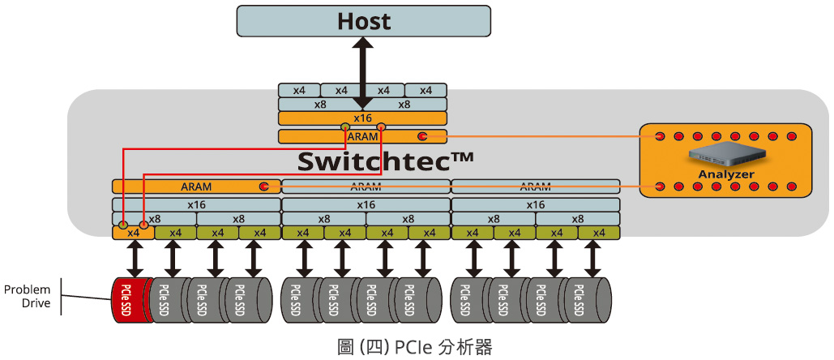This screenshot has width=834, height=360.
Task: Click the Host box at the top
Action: coord(363,20)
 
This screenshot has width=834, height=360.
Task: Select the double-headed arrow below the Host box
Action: coord(363,73)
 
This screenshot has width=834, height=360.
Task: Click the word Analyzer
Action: coord(725,174)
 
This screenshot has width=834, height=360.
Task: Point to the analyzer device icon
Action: coord(725,155)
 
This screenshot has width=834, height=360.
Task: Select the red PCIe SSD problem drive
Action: coord(129,300)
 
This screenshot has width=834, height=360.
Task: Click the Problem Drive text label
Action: coord(28,297)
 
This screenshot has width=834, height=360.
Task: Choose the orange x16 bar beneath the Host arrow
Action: coord(362,118)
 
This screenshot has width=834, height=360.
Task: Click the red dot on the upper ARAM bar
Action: coord(422,136)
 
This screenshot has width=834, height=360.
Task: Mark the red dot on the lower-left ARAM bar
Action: coord(263,186)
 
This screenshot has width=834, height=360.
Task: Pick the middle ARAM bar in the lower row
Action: coord(366,186)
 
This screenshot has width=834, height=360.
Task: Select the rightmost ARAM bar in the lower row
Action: coord(535,186)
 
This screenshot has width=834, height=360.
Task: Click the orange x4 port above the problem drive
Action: coord(133,233)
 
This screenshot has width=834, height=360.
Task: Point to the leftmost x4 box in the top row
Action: coord(299,90)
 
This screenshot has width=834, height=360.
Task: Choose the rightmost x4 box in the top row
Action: coord(426,90)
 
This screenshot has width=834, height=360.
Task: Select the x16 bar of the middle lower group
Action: coord(366,204)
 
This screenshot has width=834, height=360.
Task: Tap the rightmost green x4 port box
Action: coord(598,233)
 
